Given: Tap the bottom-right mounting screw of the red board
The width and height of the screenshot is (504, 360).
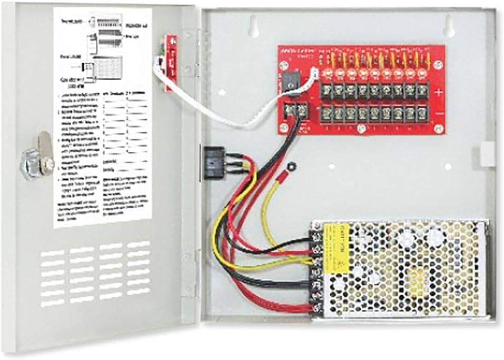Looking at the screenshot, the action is (437, 129).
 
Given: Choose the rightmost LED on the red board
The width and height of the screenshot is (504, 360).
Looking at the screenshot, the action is (421, 72).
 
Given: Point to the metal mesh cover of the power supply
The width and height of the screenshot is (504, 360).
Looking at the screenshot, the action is (406, 269).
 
